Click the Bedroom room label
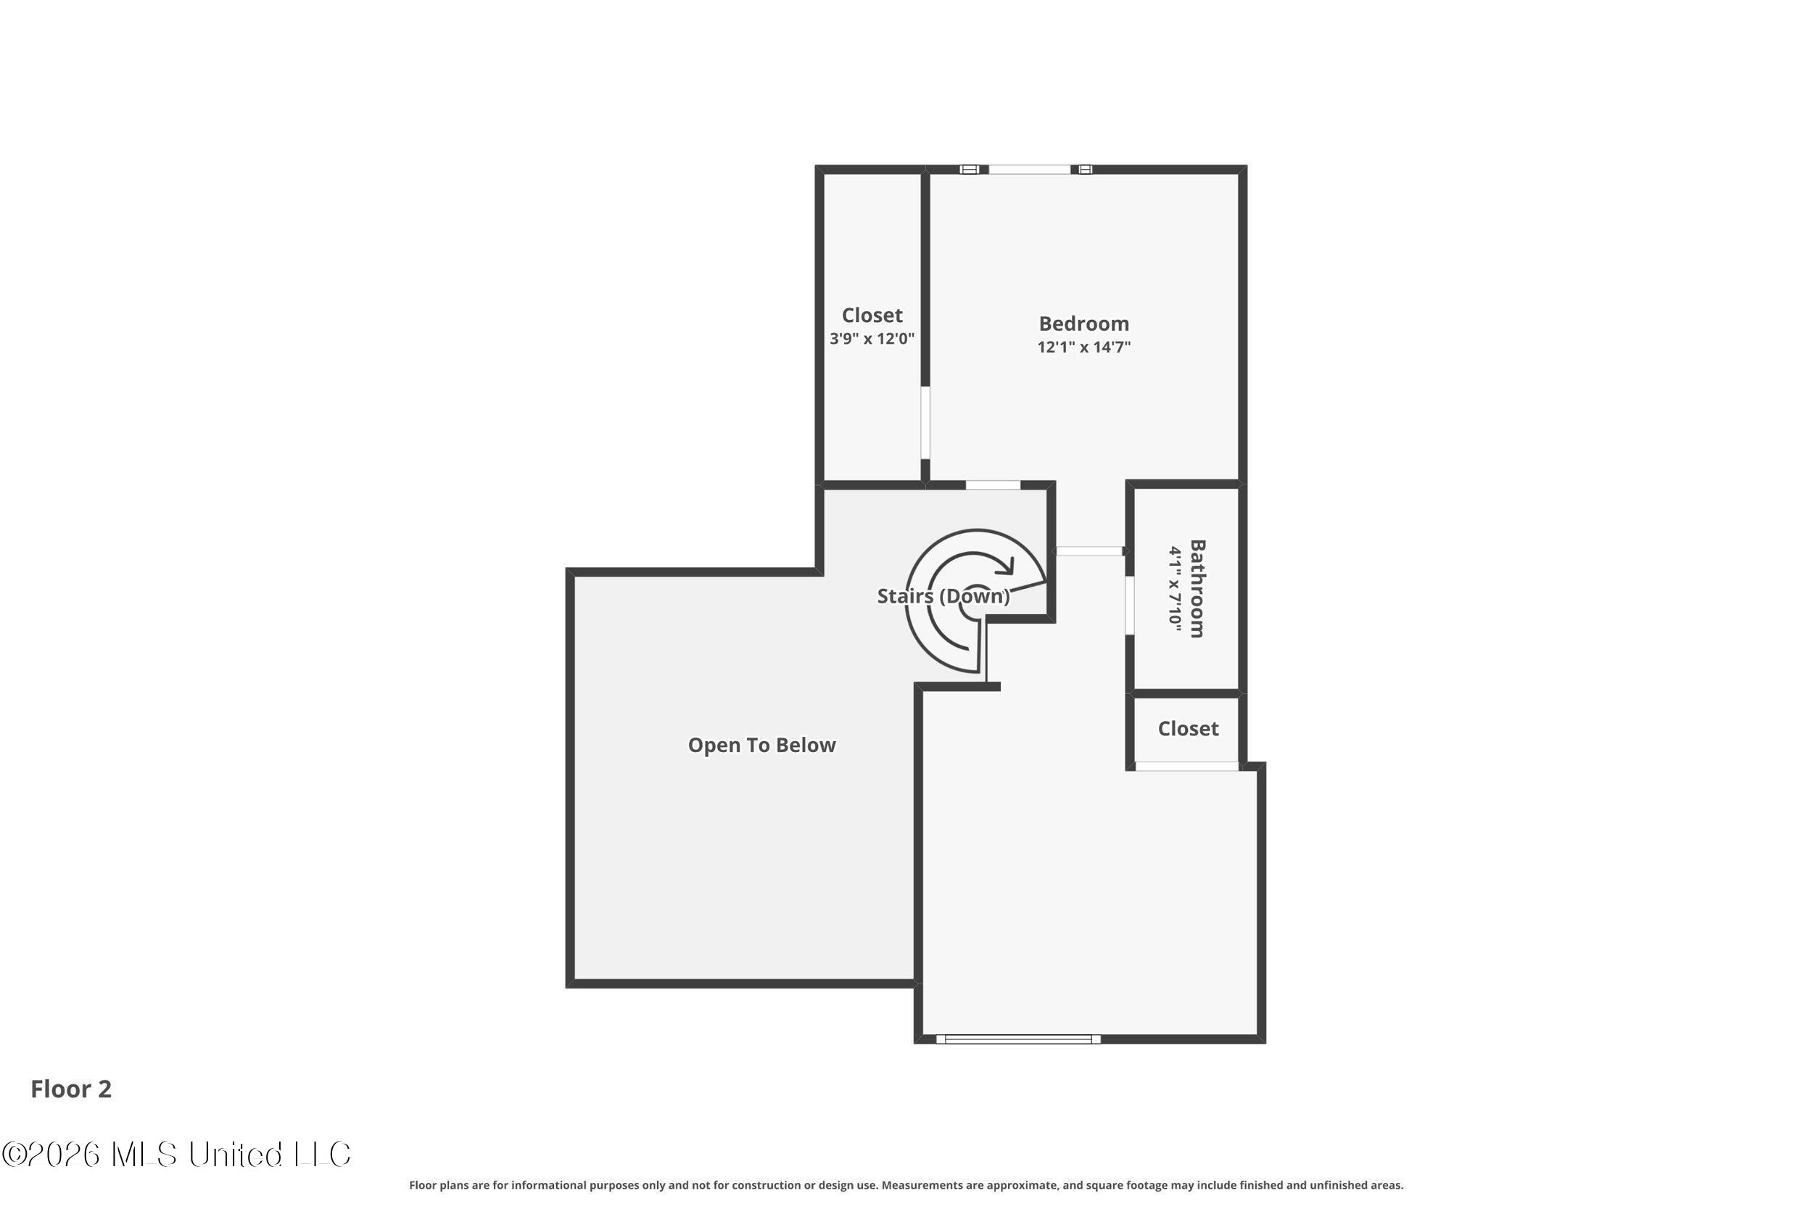(x=1083, y=324)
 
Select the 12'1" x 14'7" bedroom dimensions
(x=1083, y=347)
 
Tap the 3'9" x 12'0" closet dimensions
(x=872, y=339)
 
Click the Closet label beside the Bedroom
(x=872, y=315)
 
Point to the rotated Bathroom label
(x=1197, y=588)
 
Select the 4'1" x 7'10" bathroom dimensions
(x=1175, y=589)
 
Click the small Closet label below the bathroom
(x=1188, y=729)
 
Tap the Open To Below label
(x=761, y=745)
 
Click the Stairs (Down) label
(x=943, y=596)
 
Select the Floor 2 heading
(x=71, y=1089)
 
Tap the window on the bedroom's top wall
(x=1028, y=170)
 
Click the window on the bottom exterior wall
(x=1017, y=1039)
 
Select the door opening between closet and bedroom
(x=925, y=423)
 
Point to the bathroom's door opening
(x=1129, y=606)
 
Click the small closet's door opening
(x=1186, y=767)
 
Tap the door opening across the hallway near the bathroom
(x=1089, y=551)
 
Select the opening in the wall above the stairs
(x=993, y=485)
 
